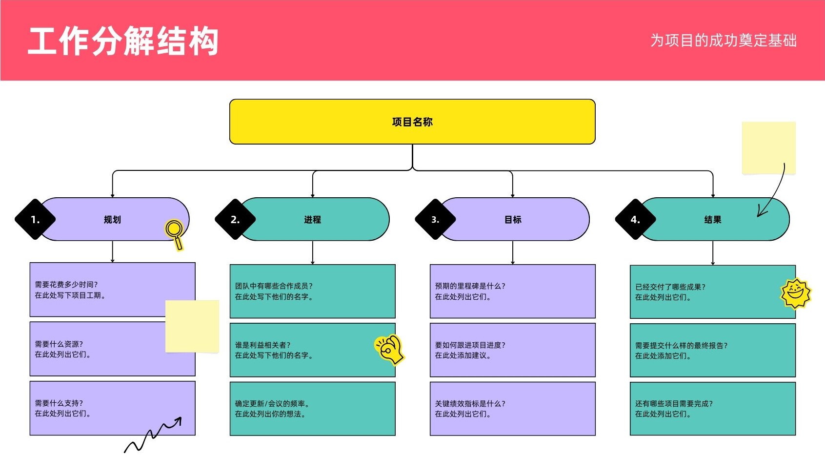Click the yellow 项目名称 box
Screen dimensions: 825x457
pos(412,122)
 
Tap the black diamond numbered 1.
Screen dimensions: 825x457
pos(35,219)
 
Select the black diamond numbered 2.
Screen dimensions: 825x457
pos(235,219)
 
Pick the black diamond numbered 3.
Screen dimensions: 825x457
pos(435,219)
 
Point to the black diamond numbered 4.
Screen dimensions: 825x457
pos(635,219)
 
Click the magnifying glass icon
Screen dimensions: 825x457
pos(174,235)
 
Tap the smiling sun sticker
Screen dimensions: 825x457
pos(796,293)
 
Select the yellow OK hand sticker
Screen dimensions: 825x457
pos(389,349)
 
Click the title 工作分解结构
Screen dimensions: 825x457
pos(123,41)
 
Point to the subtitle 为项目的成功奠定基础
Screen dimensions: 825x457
pos(724,40)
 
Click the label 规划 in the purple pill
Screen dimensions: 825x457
pos(112,220)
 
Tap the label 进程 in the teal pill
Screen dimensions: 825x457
pos(312,220)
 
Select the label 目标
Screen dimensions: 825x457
pos(513,220)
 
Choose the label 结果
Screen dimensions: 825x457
pos(713,220)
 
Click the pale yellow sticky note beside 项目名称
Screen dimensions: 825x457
pos(768,147)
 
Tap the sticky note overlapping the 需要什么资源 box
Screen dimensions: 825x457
pos(192,326)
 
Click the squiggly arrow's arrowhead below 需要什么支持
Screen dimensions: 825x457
pos(178,420)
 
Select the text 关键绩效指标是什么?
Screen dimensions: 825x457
pos(470,404)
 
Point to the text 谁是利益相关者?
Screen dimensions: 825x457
pos(262,345)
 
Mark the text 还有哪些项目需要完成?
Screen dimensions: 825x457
pos(674,404)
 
